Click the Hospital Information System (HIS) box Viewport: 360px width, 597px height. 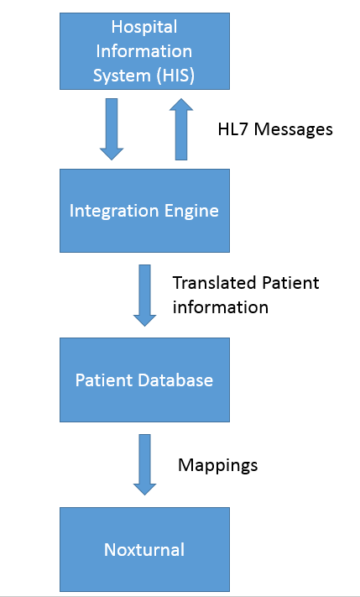coord(144,51)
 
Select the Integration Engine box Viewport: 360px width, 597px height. coord(144,211)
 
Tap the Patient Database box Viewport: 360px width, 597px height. coord(144,380)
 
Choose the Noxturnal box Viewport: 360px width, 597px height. coord(144,549)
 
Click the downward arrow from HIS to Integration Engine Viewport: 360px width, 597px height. coord(112,129)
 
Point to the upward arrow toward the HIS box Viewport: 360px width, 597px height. coord(181,129)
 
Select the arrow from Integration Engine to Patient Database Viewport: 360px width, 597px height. coord(144,296)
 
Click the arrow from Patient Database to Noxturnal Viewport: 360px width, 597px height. coord(144,464)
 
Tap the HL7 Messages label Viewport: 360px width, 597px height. coord(275,129)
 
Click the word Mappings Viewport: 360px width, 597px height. coord(217,466)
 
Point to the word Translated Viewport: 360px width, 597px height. coord(214,283)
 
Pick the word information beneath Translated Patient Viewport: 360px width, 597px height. coord(221,306)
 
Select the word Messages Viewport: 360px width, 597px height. coord(294,129)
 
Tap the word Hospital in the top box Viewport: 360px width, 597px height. coord(144,28)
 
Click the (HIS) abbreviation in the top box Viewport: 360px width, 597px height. coord(175,76)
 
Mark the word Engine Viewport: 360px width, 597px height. coord(195,212)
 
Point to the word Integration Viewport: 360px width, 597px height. coord(117,212)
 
